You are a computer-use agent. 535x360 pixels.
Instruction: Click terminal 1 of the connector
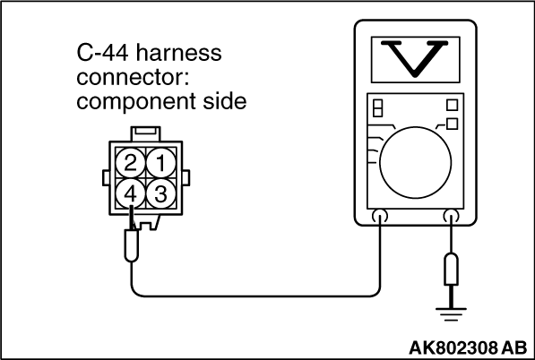click(x=161, y=163)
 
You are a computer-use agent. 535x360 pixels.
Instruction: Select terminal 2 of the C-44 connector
click(x=130, y=163)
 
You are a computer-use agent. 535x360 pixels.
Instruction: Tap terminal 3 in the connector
click(x=161, y=193)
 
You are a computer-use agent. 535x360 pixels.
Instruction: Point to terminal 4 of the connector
click(x=130, y=193)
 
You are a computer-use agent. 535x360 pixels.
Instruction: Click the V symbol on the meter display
click(x=415, y=58)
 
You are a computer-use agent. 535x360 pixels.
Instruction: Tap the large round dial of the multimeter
click(x=416, y=163)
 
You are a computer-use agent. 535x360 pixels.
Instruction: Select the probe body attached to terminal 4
click(x=132, y=245)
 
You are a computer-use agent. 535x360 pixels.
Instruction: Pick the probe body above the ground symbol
click(x=451, y=270)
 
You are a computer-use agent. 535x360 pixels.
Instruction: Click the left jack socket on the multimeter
click(x=380, y=216)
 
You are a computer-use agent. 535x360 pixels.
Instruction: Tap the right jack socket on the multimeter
click(x=451, y=216)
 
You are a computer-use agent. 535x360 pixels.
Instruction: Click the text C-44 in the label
click(x=103, y=53)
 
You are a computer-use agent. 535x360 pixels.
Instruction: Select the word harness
click(x=179, y=53)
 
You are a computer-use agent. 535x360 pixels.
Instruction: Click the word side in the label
click(x=225, y=101)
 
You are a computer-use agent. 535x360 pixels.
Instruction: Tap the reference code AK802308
click(x=454, y=347)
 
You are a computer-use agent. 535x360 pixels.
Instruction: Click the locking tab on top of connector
click(x=145, y=133)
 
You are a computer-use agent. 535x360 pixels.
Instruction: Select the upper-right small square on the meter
click(x=452, y=105)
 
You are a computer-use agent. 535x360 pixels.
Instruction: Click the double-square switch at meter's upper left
click(x=377, y=108)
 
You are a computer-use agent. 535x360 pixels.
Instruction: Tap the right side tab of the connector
click(x=186, y=178)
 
